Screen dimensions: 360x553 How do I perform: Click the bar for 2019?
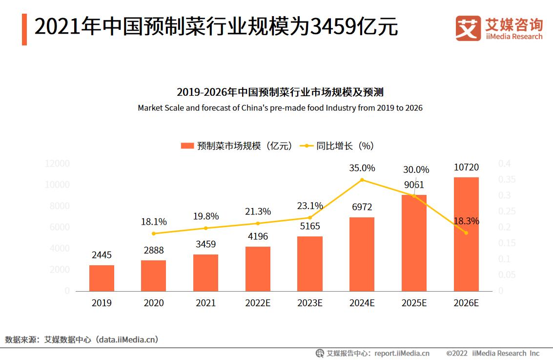(x=102, y=278)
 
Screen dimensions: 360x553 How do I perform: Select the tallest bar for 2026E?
(x=466, y=234)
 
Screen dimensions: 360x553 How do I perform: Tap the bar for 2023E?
(x=310, y=264)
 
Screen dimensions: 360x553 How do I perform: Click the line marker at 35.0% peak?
(x=362, y=180)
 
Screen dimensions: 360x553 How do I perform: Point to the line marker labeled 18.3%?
(x=466, y=233)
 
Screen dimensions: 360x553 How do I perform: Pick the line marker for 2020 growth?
(x=154, y=233)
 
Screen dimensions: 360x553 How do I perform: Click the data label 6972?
(x=362, y=208)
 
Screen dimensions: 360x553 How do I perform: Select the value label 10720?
(x=466, y=168)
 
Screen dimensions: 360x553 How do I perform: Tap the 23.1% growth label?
(x=310, y=206)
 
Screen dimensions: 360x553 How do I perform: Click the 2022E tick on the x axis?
(x=258, y=303)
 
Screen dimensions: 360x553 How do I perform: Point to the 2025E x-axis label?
(x=414, y=303)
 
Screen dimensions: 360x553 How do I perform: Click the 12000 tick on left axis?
(x=57, y=164)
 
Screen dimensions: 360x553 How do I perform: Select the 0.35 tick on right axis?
(x=507, y=180)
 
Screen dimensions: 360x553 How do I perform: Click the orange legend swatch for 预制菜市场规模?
(x=187, y=146)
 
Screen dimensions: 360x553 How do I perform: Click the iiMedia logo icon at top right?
(x=468, y=28)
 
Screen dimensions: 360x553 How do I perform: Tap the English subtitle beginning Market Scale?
(x=280, y=108)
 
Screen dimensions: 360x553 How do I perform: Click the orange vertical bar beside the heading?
(x=24, y=29)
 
